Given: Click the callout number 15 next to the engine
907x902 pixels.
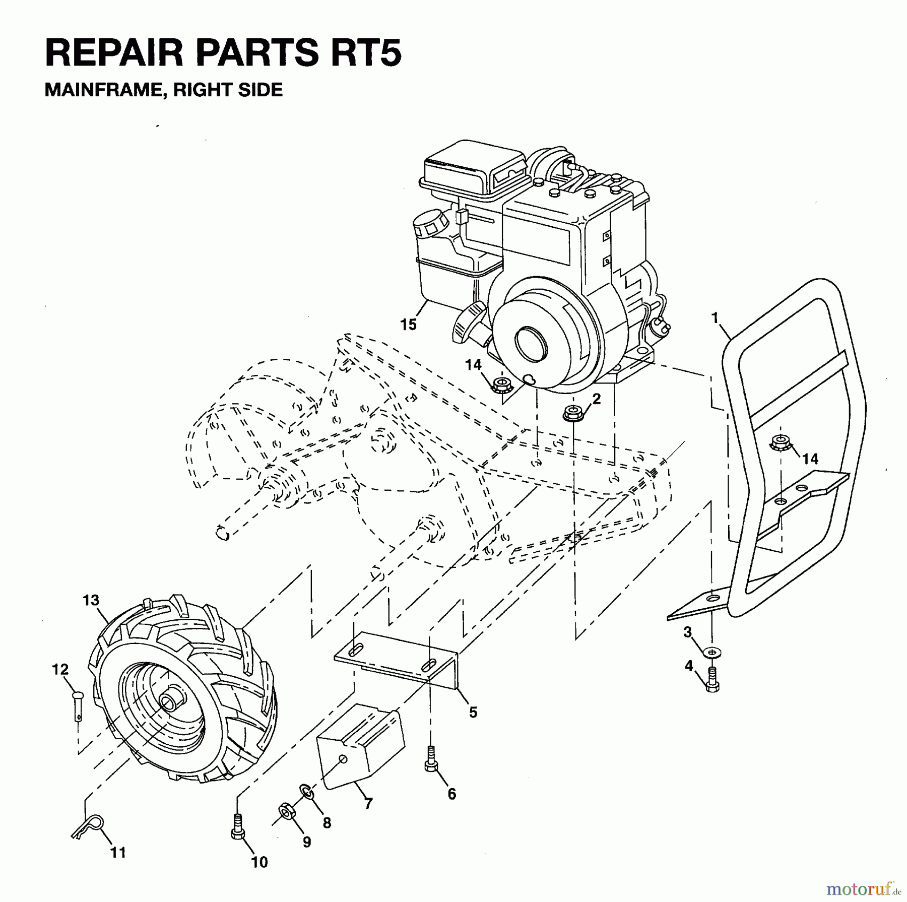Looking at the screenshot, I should coord(408,325).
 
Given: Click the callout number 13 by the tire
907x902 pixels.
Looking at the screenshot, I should coord(91,601).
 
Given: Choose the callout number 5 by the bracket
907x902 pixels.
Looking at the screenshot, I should coord(473,712).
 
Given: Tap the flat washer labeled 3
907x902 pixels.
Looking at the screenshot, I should coord(711,652).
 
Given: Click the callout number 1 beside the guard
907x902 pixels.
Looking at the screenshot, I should coord(715,317).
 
